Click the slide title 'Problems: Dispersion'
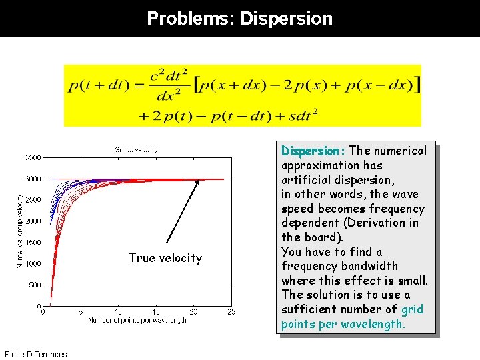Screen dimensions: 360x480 (x=239, y=18)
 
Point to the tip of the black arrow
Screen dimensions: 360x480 (x=198, y=180)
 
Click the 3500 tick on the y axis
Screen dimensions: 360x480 (x=33, y=157)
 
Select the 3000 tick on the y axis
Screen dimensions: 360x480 (x=33, y=179)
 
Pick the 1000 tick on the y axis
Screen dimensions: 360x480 (x=33, y=264)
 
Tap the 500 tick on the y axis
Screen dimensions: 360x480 (x=35, y=285)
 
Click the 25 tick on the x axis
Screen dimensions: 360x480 (x=231, y=311)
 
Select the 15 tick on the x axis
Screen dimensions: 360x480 (x=156, y=311)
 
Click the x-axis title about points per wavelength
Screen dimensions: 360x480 (x=136, y=321)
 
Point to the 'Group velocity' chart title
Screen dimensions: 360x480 (x=136, y=149)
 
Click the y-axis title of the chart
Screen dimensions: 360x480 (x=19, y=231)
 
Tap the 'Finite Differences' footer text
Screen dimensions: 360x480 (x=35, y=354)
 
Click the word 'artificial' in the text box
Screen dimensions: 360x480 (x=303, y=179)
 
